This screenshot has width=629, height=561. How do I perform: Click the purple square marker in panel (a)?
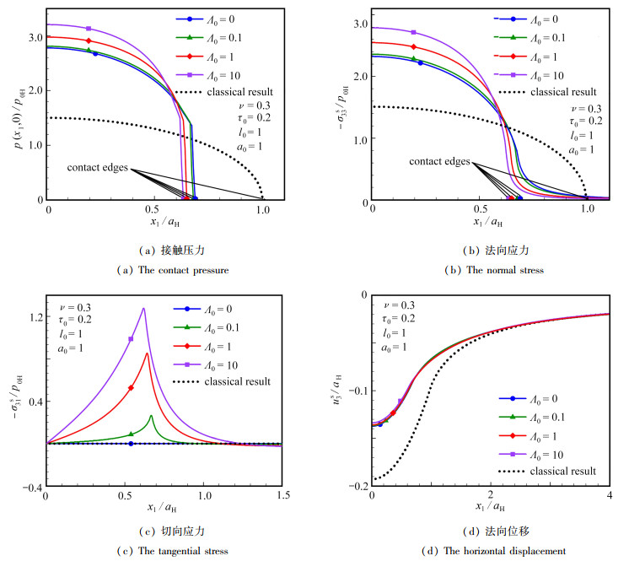(x=89, y=29)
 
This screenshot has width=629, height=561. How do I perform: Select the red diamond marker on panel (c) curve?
(x=131, y=388)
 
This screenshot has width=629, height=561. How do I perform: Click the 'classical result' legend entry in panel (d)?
(x=548, y=471)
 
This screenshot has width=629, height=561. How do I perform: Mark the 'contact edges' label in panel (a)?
(x=99, y=168)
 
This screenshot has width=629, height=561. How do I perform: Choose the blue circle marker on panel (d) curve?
(x=380, y=423)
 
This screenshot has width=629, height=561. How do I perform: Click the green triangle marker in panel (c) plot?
(x=131, y=434)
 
